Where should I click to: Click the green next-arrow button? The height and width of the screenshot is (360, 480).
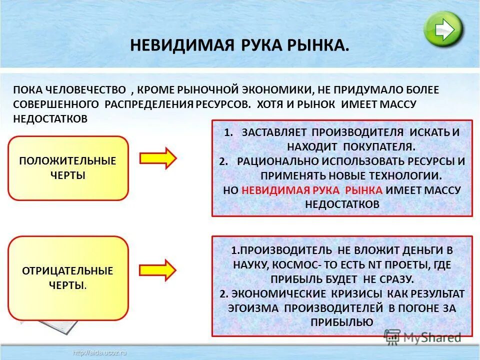tap(443, 29)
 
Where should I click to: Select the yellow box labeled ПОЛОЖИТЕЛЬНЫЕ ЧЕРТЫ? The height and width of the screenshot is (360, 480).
tap(68, 168)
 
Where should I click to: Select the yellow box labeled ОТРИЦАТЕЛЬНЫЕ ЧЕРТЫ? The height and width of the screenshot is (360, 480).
tap(68, 278)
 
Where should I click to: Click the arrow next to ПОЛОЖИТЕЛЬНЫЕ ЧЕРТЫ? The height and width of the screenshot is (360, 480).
tap(158, 158)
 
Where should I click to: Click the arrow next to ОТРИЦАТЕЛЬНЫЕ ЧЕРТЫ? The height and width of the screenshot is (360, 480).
tap(158, 270)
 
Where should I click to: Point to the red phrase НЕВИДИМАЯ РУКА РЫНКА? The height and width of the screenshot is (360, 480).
tap(312, 190)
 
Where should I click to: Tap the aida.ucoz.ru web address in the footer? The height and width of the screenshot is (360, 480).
tap(100, 352)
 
